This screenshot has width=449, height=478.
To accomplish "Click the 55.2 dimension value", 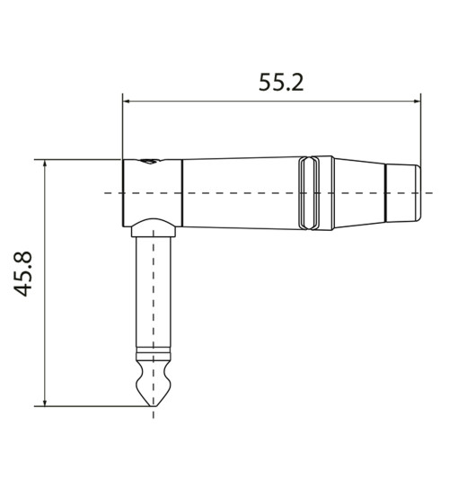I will (281, 83).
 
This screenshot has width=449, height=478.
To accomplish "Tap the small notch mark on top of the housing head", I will (149, 163).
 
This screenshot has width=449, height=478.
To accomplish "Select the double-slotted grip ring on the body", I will (311, 193).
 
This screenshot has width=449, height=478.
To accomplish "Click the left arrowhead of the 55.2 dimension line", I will (128, 101).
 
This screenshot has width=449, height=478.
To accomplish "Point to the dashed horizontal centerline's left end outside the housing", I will (108, 193).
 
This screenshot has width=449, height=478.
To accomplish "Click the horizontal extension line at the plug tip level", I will (90, 405).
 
